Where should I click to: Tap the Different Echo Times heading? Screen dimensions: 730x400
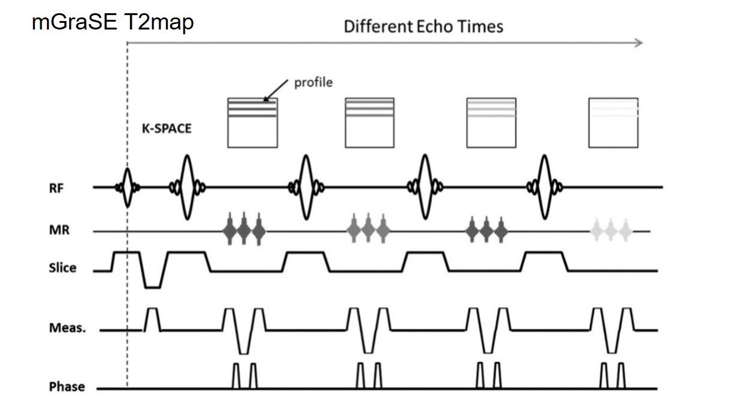click(x=423, y=26)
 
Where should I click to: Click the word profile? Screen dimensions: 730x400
click(x=313, y=82)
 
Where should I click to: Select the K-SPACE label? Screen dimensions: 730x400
click(x=167, y=128)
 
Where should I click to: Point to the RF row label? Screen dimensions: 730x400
click(x=57, y=188)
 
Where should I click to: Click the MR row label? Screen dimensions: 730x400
click(x=59, y=230)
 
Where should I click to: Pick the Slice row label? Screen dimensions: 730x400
click(x=63, y=268)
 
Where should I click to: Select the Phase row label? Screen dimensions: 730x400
click(x=67, y=386)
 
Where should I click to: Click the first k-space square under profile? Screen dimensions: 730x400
click(x=253, y=122)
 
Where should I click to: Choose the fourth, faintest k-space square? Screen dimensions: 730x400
click(x=613, y=122)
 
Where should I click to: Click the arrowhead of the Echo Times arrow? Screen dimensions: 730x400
click(x=640, y=43)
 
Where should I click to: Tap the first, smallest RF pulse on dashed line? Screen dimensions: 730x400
click(x=127, y=187)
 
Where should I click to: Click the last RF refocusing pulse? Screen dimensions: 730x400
click(x=544, y=187)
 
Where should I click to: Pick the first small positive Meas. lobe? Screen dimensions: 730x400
click(x=153, y=318)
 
